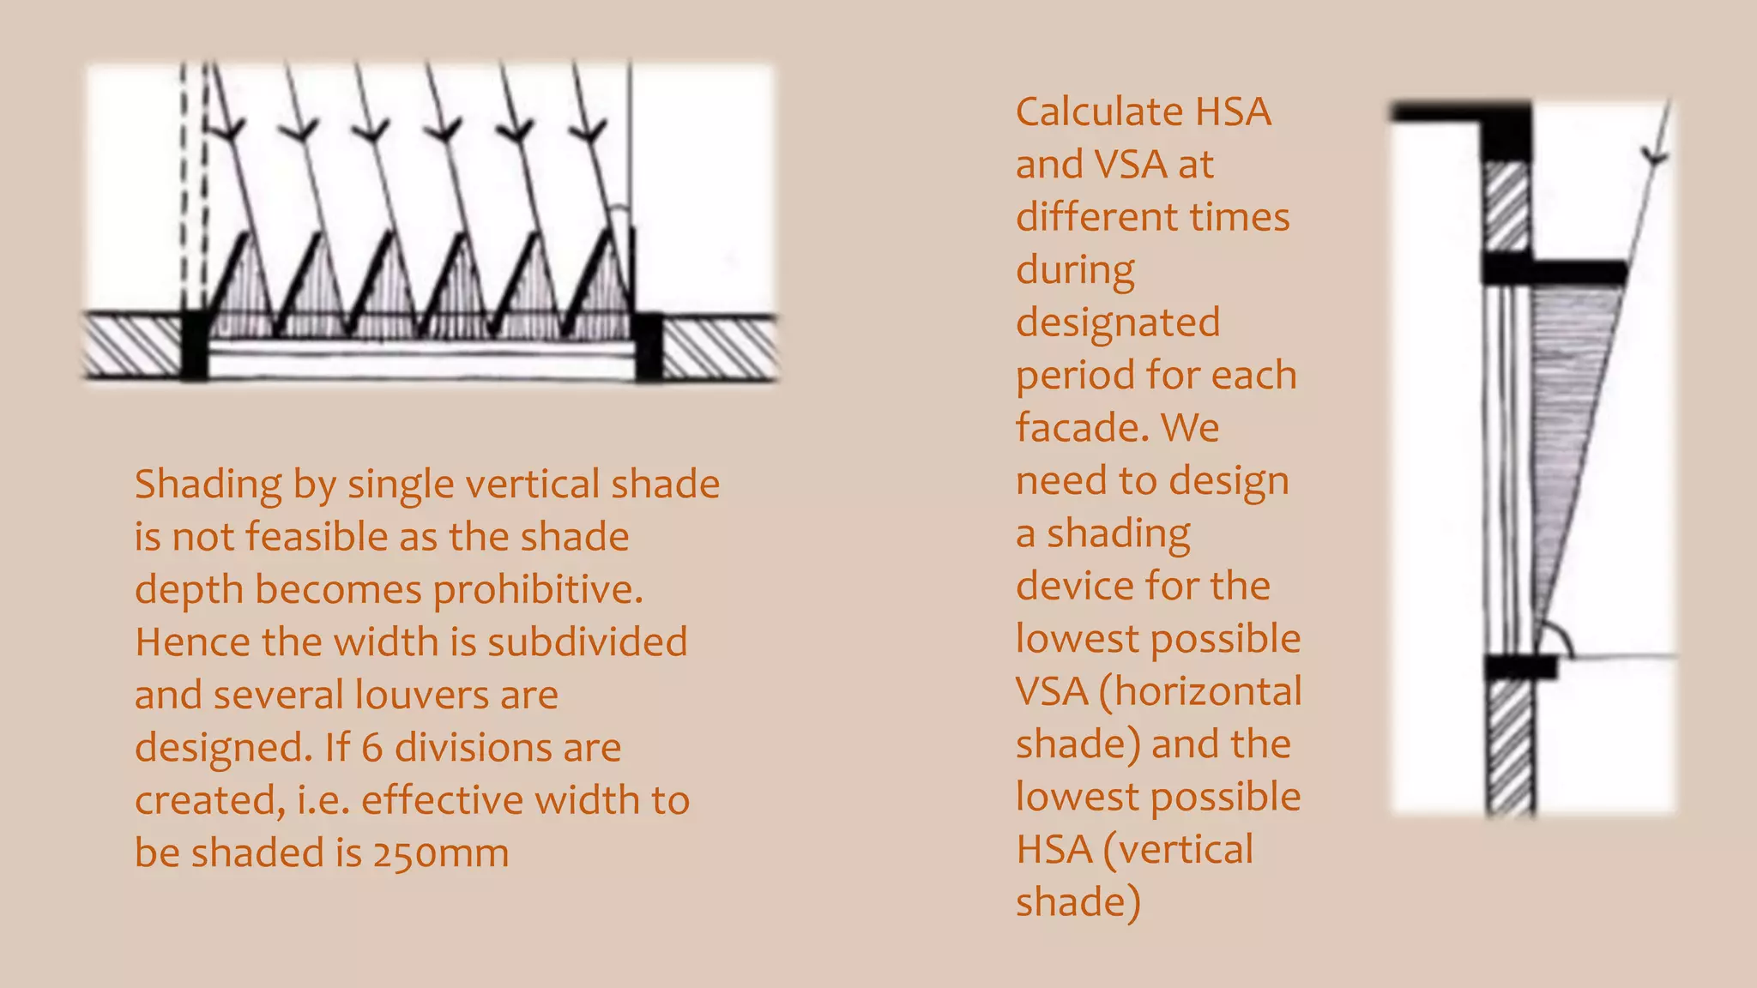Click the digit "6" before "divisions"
[371, 748]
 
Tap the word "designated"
[1118, 323]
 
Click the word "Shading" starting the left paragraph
[208, 485]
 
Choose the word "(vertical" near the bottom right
[1177, 850]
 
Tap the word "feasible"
[317, 538]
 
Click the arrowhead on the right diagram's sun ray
[1655, 157]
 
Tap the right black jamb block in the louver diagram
[648, 346]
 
